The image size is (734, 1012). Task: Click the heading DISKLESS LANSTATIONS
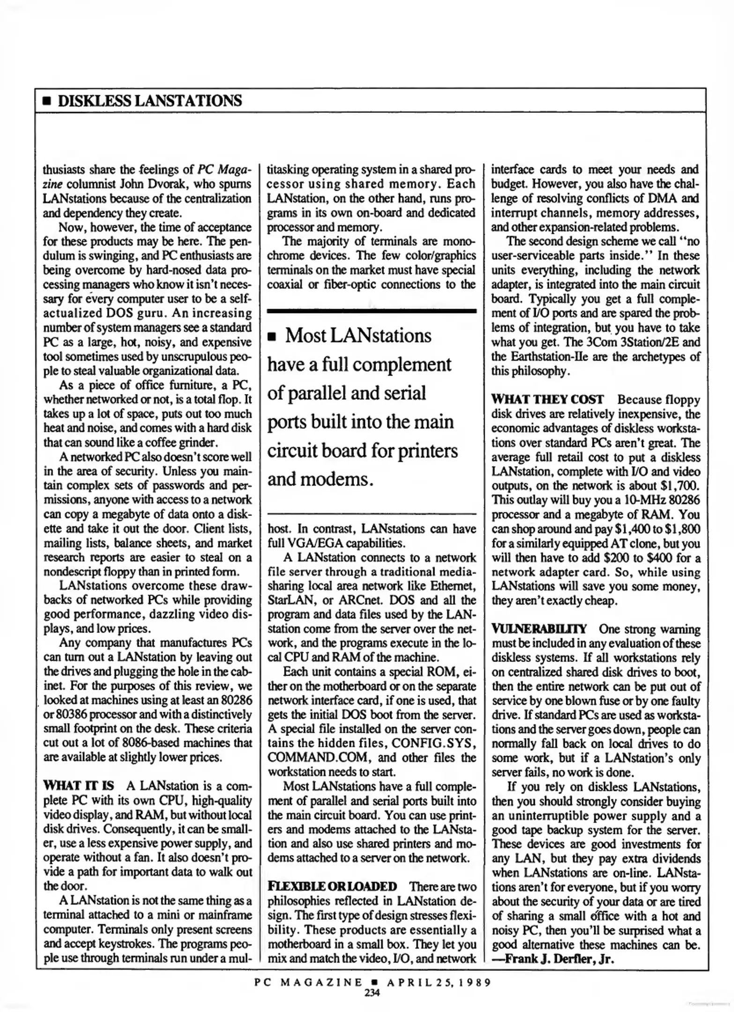tap(150, 100)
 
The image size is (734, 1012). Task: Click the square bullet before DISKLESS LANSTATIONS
tap(46, 101)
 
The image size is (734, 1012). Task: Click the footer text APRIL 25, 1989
tap(438, 982)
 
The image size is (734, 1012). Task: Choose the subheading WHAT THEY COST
tap(547, 400)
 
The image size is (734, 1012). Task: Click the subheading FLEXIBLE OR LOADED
tap(332, 886)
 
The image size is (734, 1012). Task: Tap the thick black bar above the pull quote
tap(371, 311)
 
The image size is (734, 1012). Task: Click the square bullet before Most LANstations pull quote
tap(271, 337)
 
